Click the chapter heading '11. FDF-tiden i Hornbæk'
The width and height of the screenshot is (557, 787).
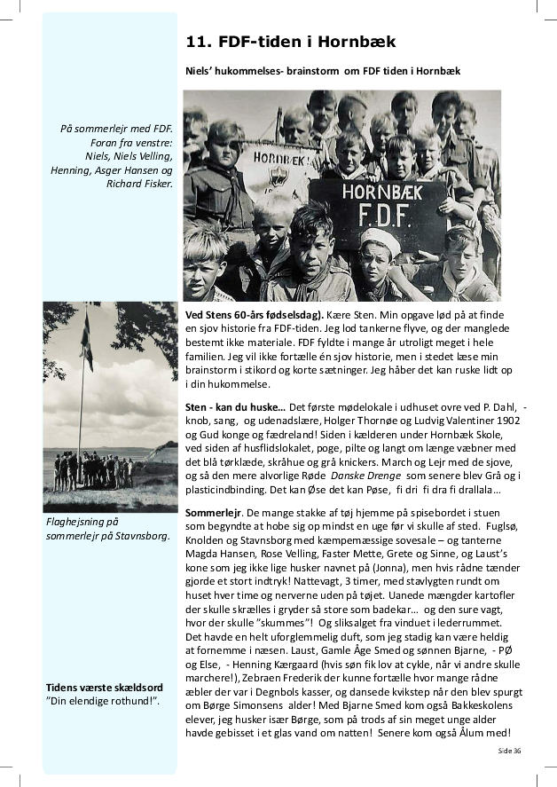(290, 42)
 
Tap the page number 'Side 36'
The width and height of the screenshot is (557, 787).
(509, 751)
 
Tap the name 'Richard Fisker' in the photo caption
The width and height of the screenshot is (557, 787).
(139, 184)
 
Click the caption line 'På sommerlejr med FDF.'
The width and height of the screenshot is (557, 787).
(116, 130)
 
